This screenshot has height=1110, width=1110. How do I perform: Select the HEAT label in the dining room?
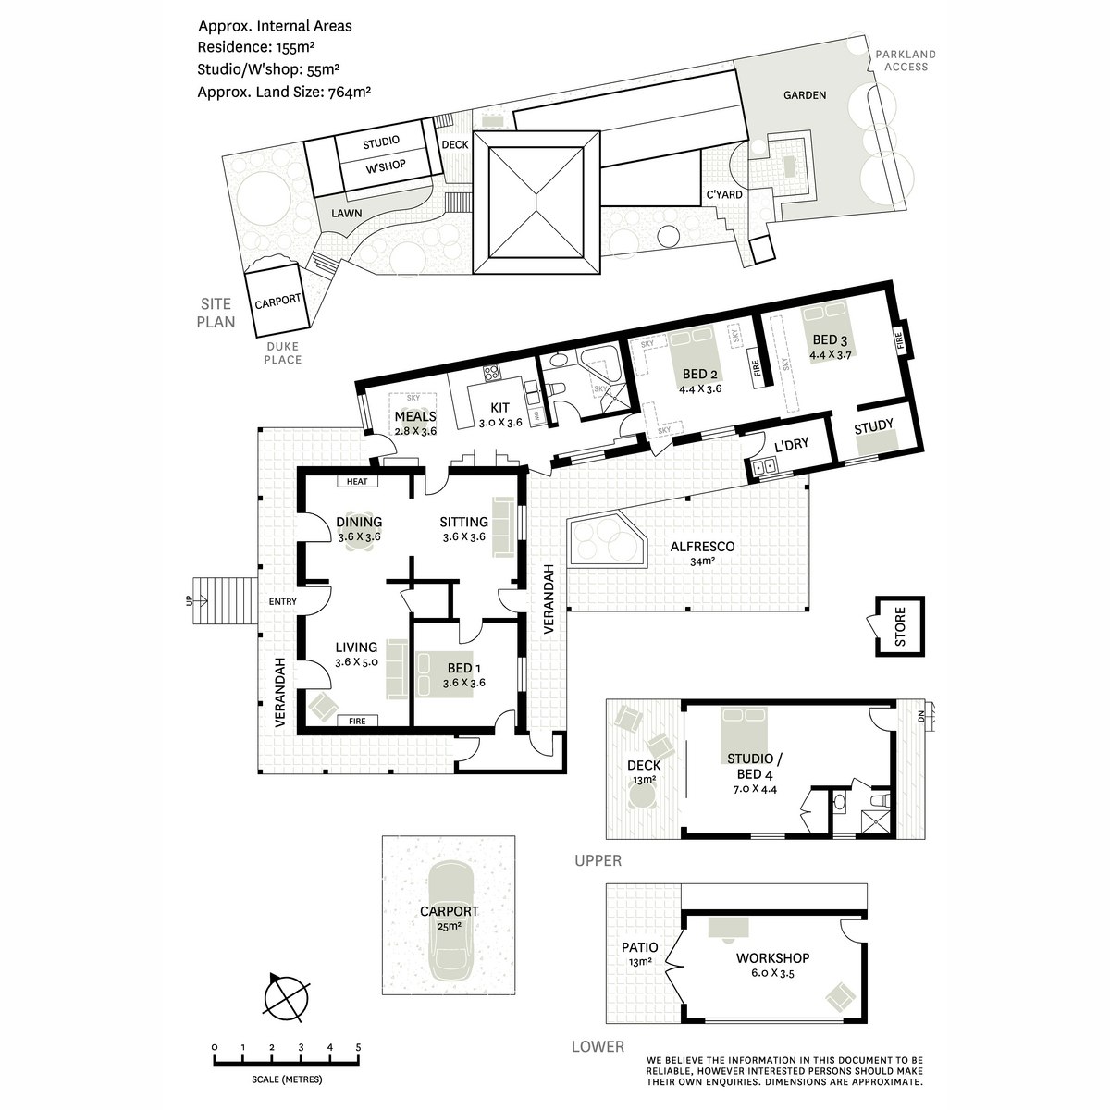(356, 482)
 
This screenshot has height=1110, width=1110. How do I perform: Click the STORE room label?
(900, 627)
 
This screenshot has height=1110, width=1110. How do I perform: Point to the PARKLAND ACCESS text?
(906, 60)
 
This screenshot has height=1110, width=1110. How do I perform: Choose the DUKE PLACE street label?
(282, 353)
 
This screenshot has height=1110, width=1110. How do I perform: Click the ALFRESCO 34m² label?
(702, 553)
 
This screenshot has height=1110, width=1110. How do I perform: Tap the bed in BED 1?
(445, 674)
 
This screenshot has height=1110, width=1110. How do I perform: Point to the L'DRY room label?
(791, 445)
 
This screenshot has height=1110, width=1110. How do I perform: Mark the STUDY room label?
(873, 426)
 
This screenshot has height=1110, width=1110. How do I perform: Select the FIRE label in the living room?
(357, 721)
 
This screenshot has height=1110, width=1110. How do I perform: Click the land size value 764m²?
(349, 92)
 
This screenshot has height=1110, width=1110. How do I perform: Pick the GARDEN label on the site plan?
(805, 95)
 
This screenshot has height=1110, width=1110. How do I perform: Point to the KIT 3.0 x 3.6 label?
(500, 414)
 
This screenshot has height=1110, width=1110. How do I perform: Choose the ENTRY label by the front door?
(282, 601)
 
